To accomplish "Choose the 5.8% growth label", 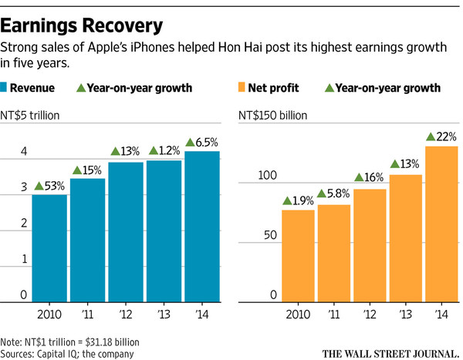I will tap(333, 194).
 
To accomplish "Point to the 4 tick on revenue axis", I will tap(23, 152).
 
